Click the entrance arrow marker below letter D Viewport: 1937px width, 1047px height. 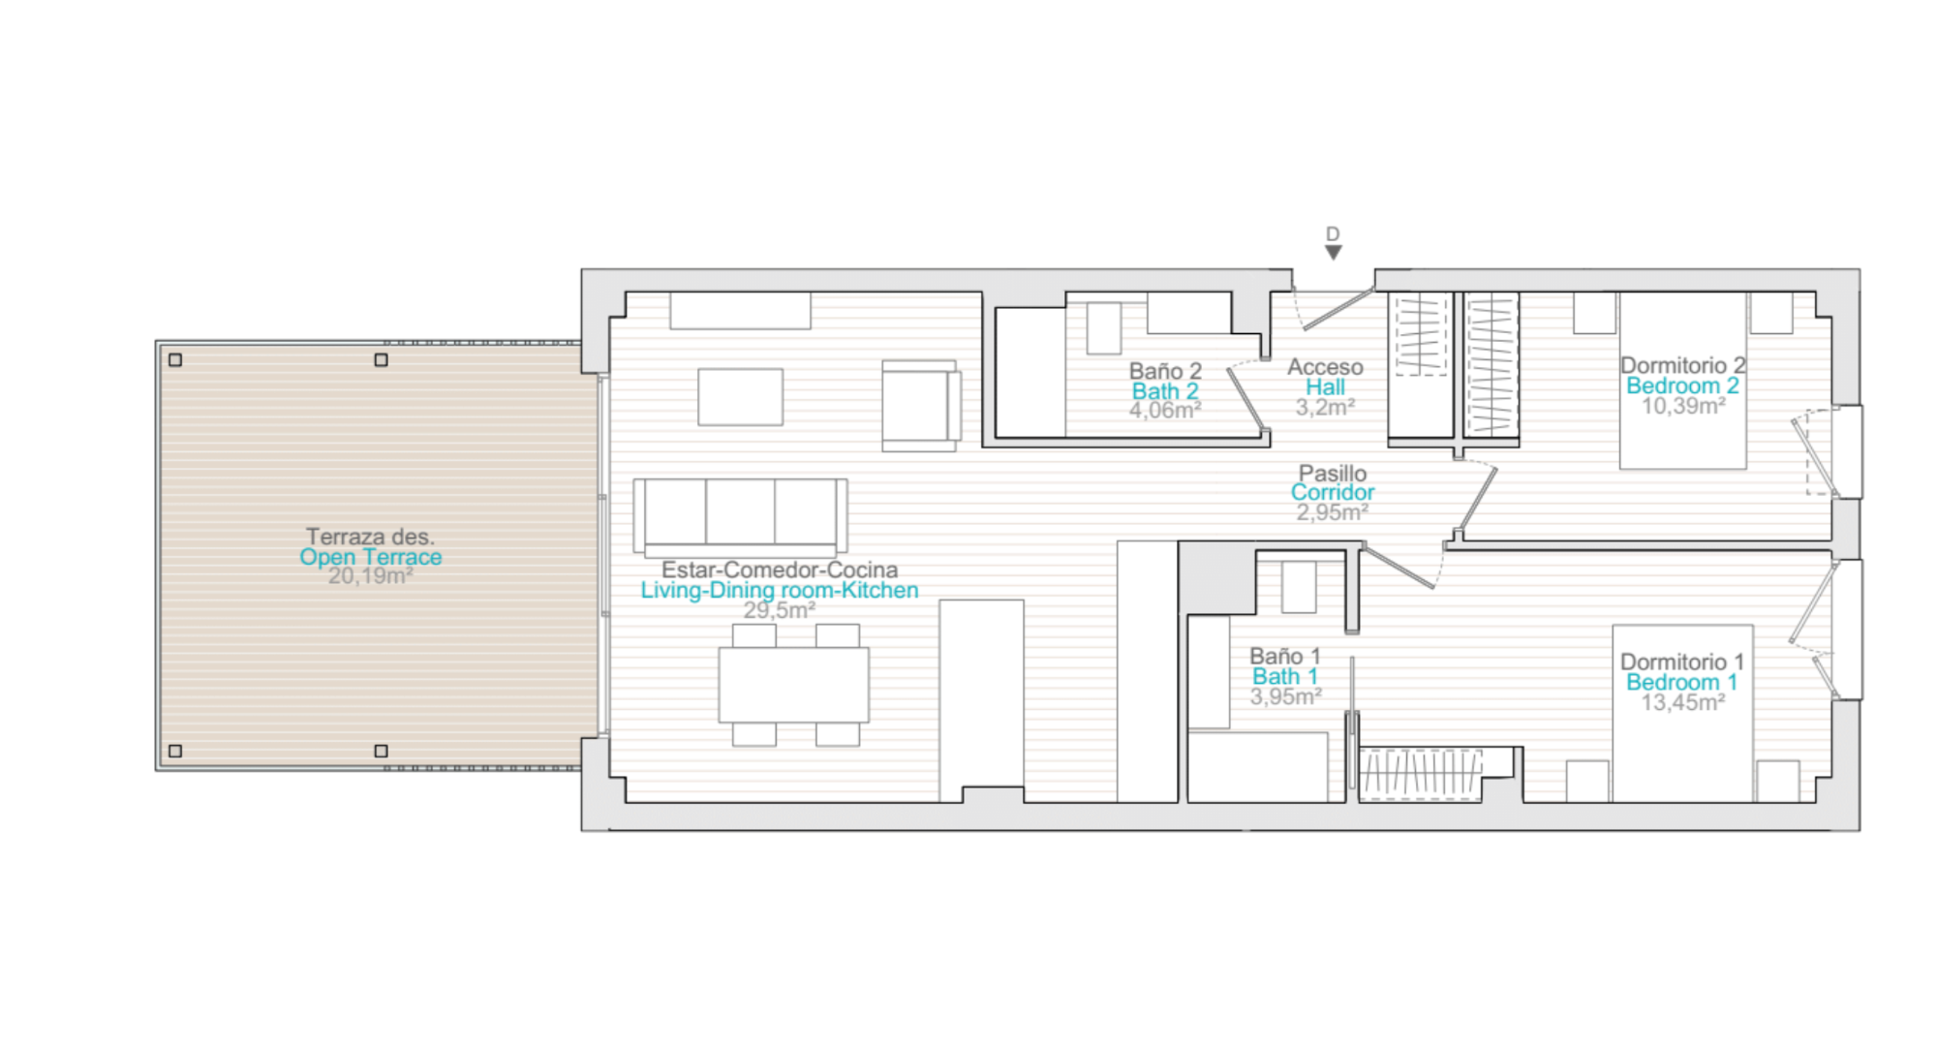pyautogui.click(x=1334, y=253)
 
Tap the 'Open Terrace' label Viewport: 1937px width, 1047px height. pyautogui.click(x=371, y=557)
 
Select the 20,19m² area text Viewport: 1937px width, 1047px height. pyautogui.click(x=371, y=576)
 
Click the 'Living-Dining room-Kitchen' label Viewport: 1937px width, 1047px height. pyautogui.click(x=780, y=590)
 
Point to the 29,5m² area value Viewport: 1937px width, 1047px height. pyautogui.click(x=780, y=610)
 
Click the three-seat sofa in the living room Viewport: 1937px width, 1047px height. pyautogui.click(x=740, y=517)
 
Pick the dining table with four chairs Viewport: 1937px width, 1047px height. pyautogui.click(x=794, y=685)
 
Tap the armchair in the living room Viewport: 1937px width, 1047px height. pyautogui.click(x=921, y=406)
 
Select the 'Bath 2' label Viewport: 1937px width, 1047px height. pyautogui.click(x=1165, y=391)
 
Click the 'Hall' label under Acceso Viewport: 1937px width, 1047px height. pyautogui.click(x=1325, y=387)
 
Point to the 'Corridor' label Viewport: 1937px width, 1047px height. pyautogui.click(x=1333, y=492)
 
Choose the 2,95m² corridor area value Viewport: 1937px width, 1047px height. pyautogui.click(x=1333, y=512)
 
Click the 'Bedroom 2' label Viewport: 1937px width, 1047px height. pyautogui.click(x=1682, y=385)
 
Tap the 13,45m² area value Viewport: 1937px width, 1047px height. pyautogui.click(x=1682, y=702)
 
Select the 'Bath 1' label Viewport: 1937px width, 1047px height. pyautogui.click(x=1285, y=676)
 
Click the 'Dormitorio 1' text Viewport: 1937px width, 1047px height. pyautogui.click(x=1682, y=662)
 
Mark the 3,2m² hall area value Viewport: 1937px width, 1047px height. pyautogui.click(x=1325, y=408)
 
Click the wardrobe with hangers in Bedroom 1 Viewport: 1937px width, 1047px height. pyautogui.click(x=1421, y=775)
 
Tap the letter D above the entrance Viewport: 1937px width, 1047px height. pyautogui.click(x=1333, y=234)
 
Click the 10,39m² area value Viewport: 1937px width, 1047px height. pyautogui.click(x=1682, y=406)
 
